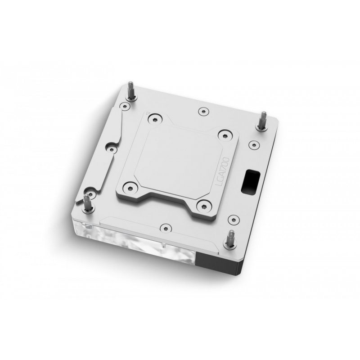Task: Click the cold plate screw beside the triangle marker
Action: pos(155,118)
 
